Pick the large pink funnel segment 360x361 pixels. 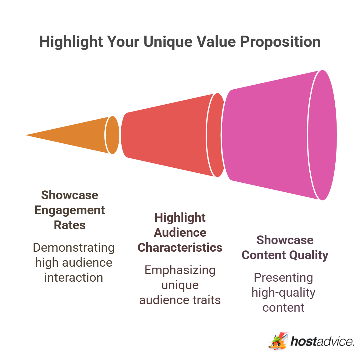pos(266,135)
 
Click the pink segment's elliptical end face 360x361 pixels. pos(322,135)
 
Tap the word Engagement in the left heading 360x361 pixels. pos(69,210)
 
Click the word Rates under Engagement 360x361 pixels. pos(69,225)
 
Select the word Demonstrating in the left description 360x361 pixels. pos(73,248)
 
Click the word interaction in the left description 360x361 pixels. pos(73,278)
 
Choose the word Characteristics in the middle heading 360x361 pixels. pos(180,248)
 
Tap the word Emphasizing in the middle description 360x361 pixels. pos(180,270)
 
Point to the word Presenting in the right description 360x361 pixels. pos(283,278)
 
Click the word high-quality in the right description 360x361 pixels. pos(283,293)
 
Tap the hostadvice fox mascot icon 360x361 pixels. pos(278,341)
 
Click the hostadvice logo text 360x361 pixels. pos(322,341)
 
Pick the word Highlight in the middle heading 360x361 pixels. pos(180,218)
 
